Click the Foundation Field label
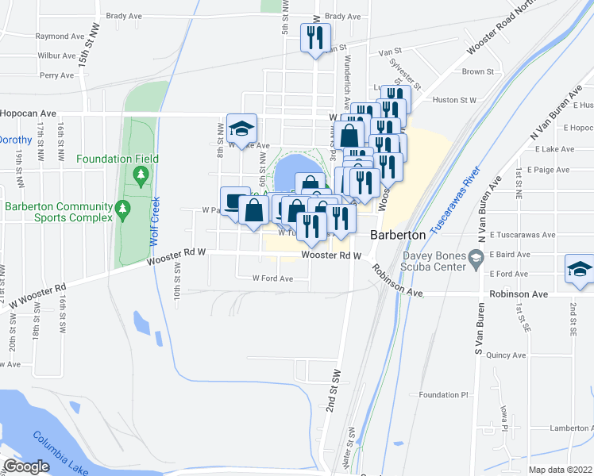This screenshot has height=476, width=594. pos(118,159)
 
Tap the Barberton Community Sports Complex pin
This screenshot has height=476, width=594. pos(121,210)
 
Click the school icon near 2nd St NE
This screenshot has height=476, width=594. pos(579,269)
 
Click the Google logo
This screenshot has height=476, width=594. pos(26,466)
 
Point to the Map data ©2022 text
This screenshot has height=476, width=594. pos(560,470)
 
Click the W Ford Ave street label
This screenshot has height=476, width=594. pos(272,278)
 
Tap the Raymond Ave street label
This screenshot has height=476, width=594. pos(60,36)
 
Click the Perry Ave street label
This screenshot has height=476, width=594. pos(56,76)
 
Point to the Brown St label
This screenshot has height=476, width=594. pos(477,71)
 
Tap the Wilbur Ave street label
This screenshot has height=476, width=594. pos(56,56)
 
